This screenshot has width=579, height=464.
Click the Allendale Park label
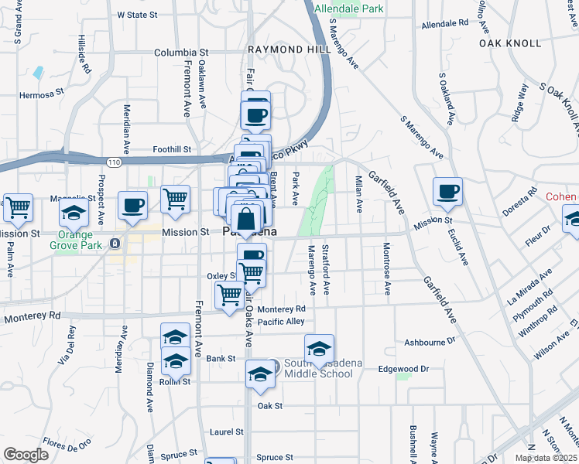[349, 9]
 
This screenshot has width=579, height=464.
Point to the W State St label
[137, 15]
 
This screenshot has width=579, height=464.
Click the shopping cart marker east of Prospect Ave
[176, 200]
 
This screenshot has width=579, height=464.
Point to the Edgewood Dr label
[403, 369]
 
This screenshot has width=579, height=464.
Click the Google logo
[26, 455]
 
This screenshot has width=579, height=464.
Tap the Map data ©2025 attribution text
[546, 458]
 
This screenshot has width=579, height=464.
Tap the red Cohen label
[561, 196]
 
